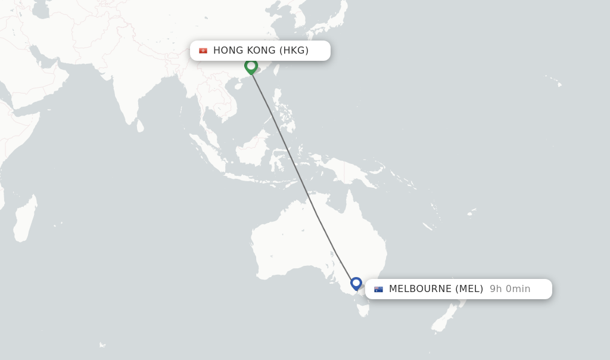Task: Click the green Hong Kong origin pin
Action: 251,66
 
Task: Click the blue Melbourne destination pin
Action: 356,283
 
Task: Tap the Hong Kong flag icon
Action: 203,51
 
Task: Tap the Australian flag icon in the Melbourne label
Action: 378,289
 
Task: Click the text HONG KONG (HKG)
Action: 261,51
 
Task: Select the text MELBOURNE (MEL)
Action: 436,289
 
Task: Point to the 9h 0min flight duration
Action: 510,289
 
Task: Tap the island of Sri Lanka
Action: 141,126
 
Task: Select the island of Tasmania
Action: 364,310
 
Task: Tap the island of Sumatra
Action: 206,154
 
